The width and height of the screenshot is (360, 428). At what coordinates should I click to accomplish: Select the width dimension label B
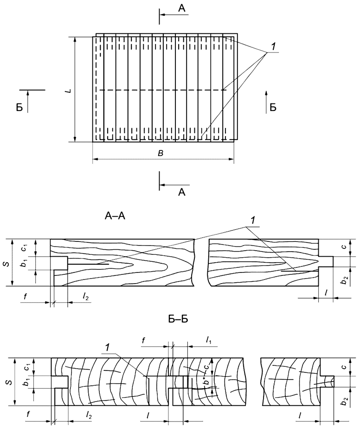(x=161, y=153)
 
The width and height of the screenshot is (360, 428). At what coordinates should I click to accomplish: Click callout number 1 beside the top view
(x=274, y=46)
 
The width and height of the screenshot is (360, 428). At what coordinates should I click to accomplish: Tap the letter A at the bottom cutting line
(x=182, y=192)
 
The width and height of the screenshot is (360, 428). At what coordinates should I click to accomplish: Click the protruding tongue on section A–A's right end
(x=326, y=261)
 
